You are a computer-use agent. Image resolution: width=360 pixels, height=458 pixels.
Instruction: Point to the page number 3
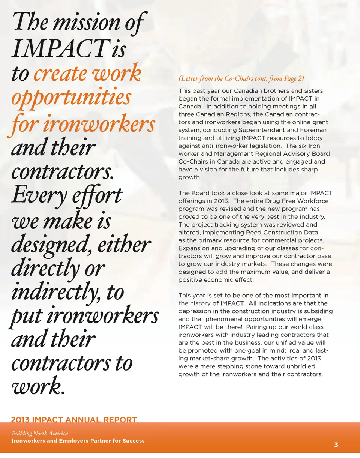pyautogui.click(x=336, y=445)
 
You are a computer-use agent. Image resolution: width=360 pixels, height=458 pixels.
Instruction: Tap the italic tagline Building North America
pyautogui.click(x=40, y=434)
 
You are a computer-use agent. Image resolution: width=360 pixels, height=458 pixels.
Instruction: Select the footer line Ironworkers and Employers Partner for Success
pyautogui.click(x=78, y=441)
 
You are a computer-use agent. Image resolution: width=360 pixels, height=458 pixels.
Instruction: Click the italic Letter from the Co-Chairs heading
pyautogui.click(x=241, y=79)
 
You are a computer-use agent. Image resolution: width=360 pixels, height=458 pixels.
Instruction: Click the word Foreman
pyautogui.click(x=312, y=130)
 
